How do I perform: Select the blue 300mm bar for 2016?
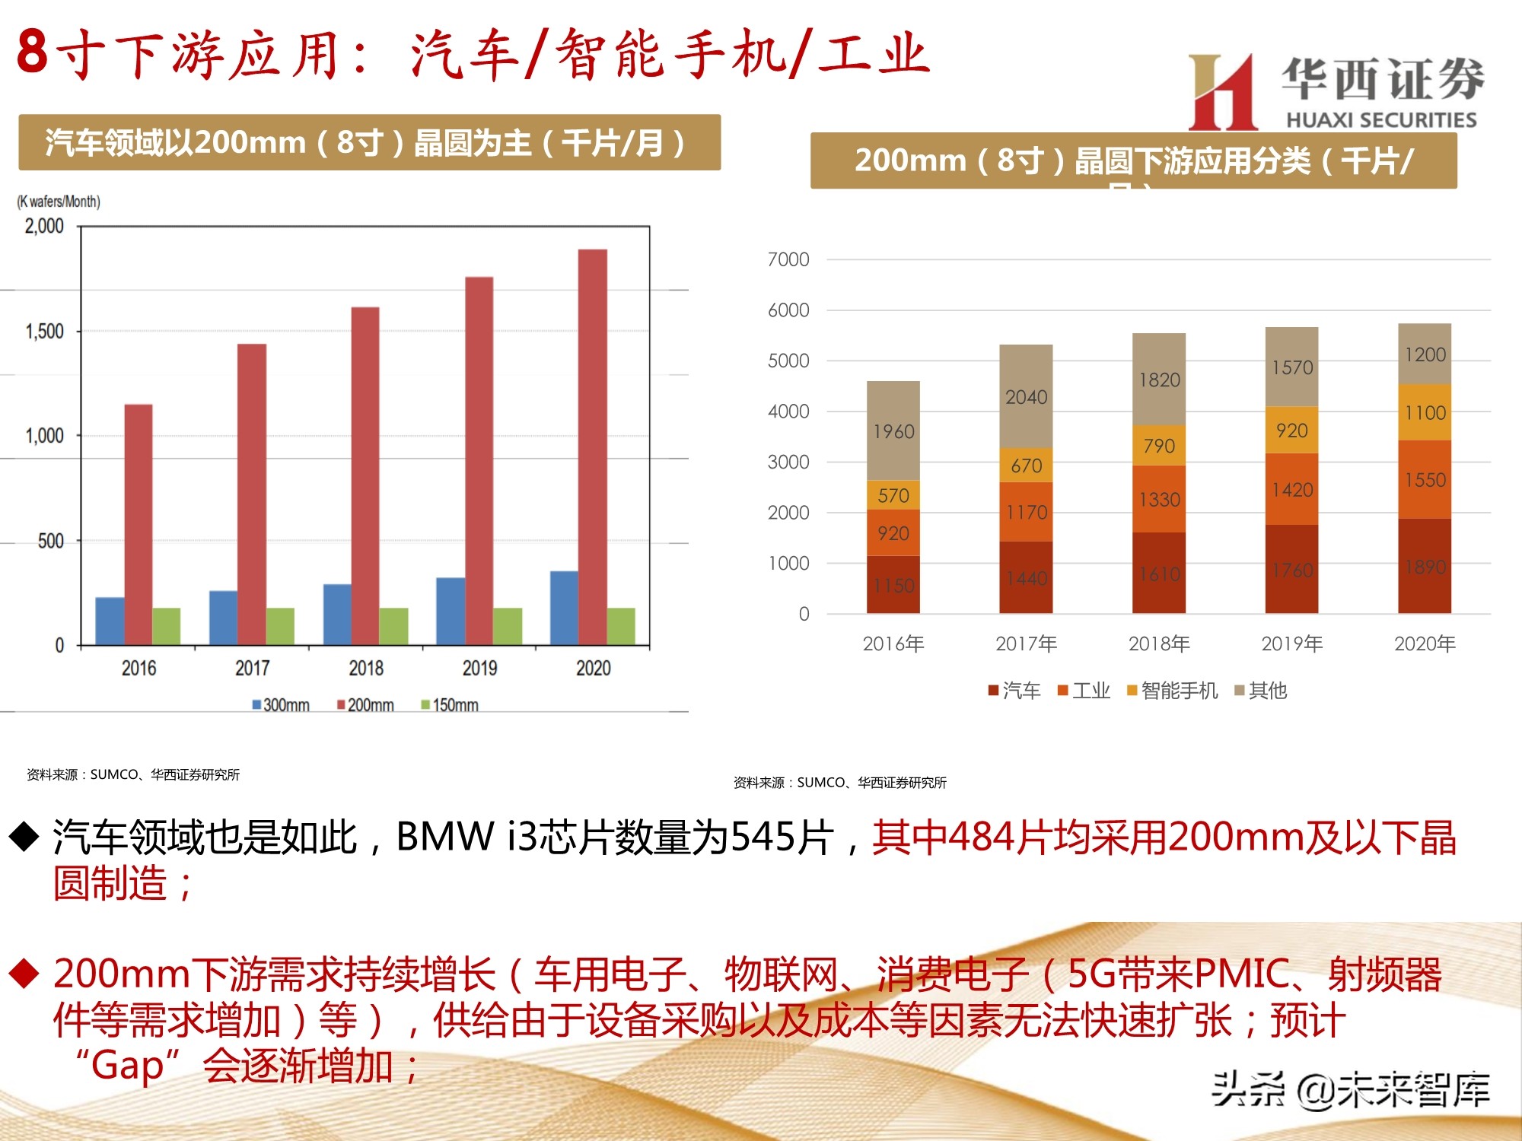pos(110,621)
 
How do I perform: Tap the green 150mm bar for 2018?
pos(393,626)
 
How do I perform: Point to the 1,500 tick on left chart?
pos(44,332)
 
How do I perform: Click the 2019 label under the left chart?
pos(479,668)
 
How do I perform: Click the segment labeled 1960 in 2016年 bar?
pos(893,431)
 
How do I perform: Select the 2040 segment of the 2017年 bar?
pos(1026,396)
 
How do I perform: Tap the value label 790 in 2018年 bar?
pos(1159,446)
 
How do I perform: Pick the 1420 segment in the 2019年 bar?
pos(1292,489)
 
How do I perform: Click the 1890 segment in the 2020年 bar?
pos(1425,567)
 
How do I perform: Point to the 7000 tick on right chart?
pos(788,259)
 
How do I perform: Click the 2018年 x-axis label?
pos(1159,644)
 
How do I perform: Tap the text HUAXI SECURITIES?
pos(1380,120)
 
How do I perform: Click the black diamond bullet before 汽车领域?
pos(24,837)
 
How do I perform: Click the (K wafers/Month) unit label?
pos(59,202)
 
